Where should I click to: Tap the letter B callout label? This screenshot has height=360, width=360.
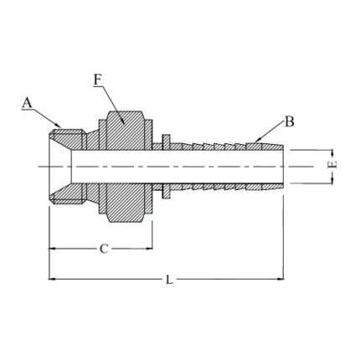[x=289, y=121]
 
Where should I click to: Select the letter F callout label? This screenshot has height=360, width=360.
[x=98, y=80]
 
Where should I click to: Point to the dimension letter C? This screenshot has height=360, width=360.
[x=102, y=249]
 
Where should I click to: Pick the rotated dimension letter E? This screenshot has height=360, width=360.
[x=332, y=166]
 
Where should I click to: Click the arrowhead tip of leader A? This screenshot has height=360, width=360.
[x=61, y=127]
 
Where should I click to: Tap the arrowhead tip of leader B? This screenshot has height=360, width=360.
[x=256, y=140]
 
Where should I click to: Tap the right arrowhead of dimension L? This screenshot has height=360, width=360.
[x=284, y=280]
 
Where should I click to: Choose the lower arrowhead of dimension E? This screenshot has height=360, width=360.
[x=332, y=180]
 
